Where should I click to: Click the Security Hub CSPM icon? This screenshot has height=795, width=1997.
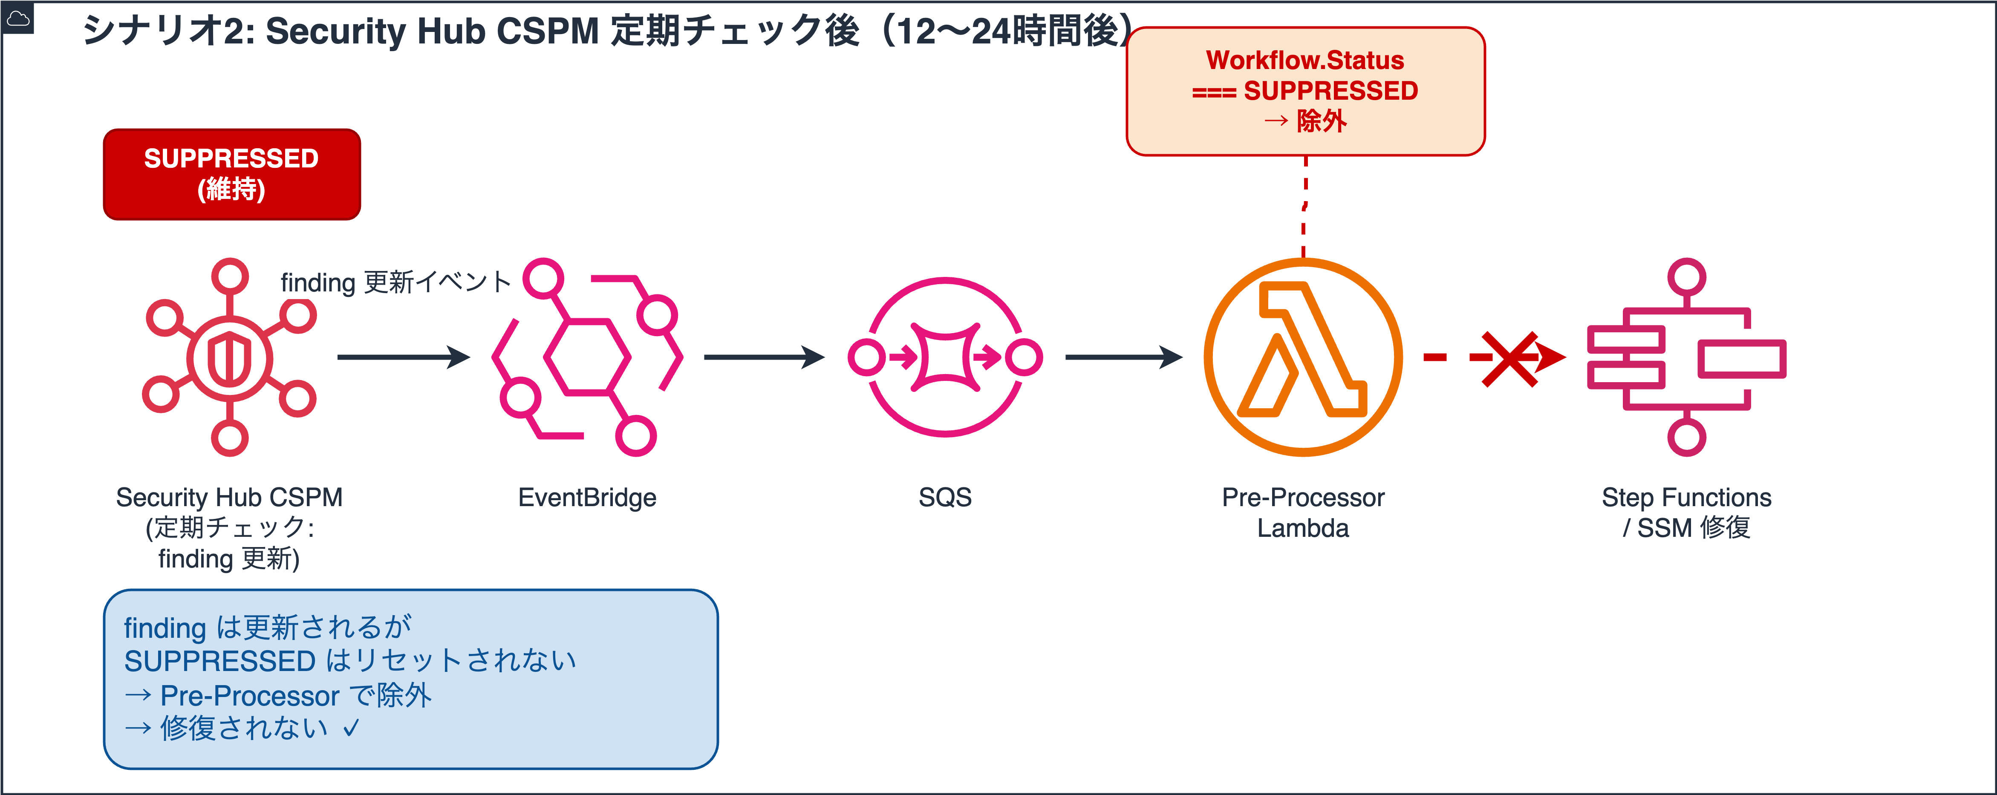229,357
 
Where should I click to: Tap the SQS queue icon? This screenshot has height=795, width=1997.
945,357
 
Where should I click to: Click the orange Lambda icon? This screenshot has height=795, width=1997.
1303,357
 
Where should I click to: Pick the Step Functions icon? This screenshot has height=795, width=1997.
1686,357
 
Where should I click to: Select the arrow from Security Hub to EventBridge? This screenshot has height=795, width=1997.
403,357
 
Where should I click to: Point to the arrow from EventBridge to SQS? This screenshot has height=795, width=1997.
764,357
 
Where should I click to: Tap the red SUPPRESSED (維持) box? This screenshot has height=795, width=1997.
232,174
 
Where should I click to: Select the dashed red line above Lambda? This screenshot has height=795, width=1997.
1305,207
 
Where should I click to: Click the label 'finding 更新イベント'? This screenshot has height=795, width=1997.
395,282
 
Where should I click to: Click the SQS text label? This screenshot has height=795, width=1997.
945,498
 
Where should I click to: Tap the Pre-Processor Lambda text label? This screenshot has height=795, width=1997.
1303,512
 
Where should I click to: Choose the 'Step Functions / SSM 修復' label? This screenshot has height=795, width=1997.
1686,512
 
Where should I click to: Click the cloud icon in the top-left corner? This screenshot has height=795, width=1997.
17,17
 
